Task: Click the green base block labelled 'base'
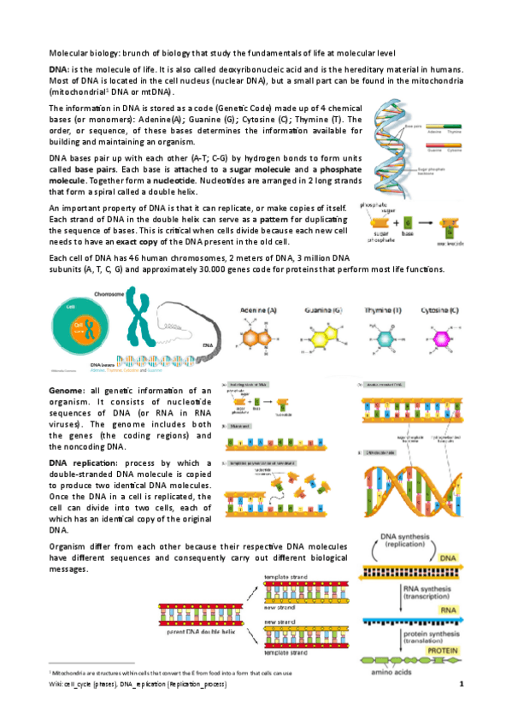pos(409,223)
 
